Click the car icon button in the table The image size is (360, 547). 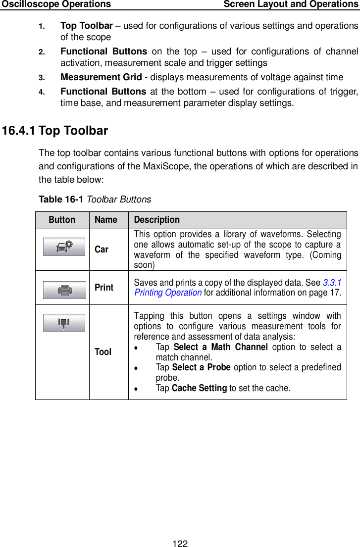point(64,247)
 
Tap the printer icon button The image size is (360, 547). point(64,290)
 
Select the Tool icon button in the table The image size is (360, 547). point(64,323)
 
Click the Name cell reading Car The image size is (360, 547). point(102,249)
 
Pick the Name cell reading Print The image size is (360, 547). point(104,287)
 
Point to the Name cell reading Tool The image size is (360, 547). point(103,351)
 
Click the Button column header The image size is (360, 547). point(62,220)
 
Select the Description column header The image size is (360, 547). point(157,220)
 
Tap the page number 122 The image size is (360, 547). point(180,544)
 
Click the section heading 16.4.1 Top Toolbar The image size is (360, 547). point(55,131)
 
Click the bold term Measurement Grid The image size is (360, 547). point(104,77)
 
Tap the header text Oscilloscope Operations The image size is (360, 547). point(55,4)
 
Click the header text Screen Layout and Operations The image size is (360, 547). point(291,4)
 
